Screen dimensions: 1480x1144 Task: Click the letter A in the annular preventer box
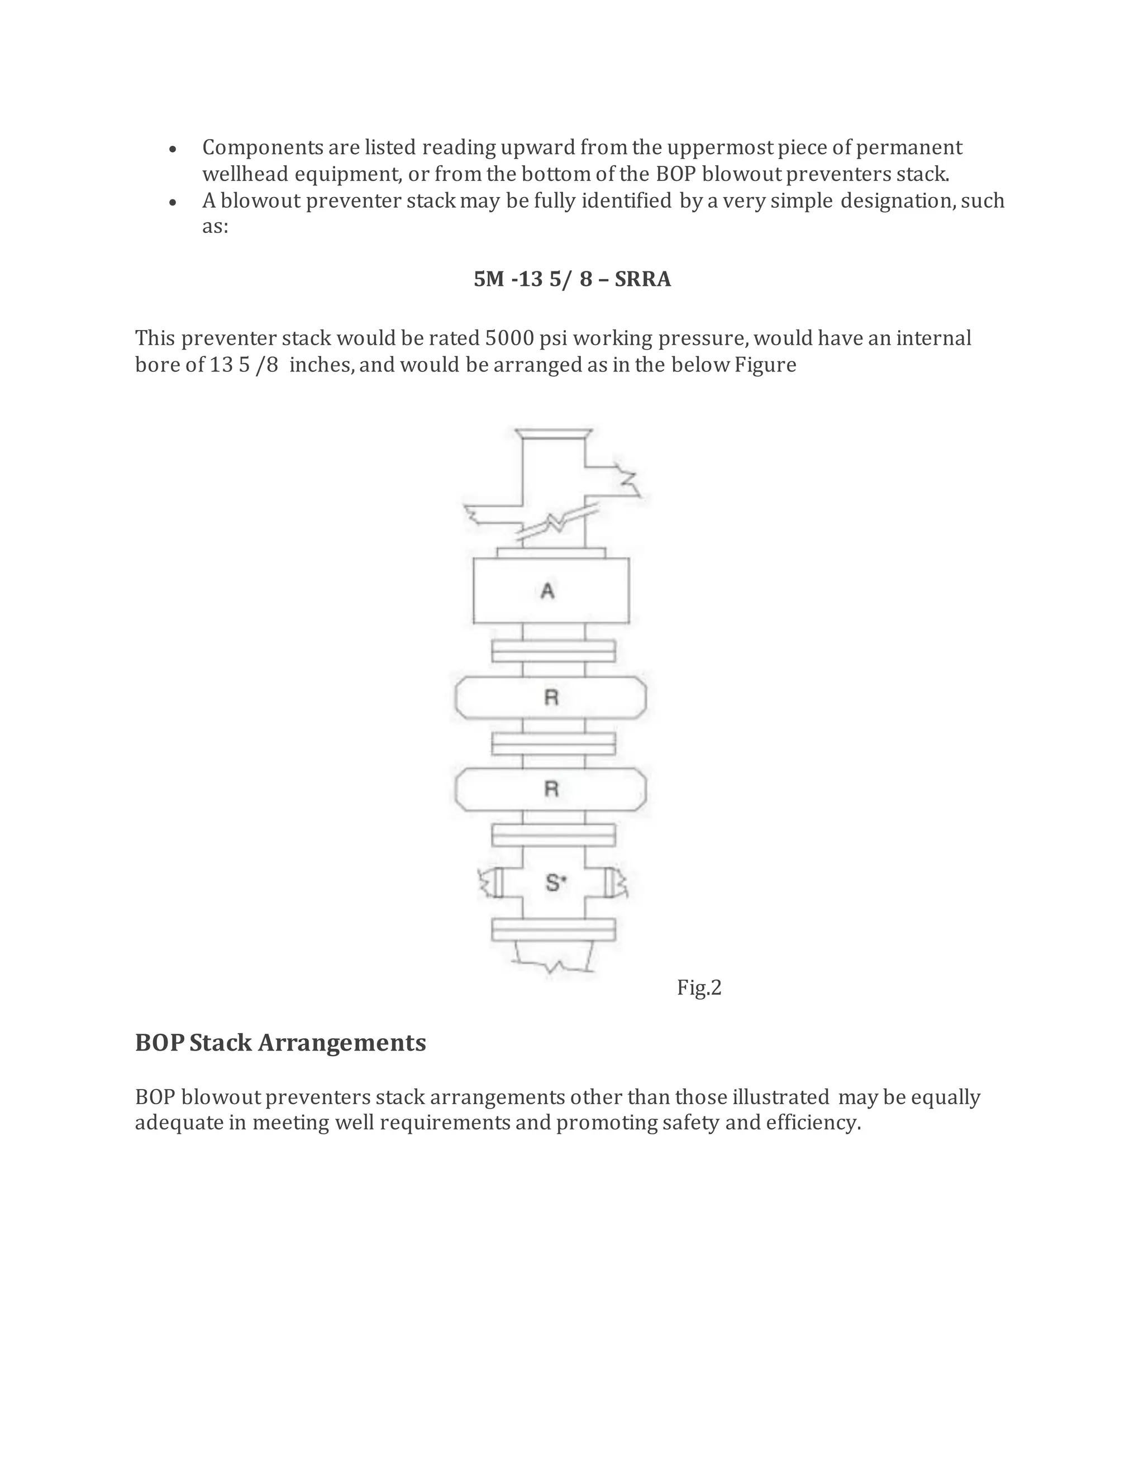(547, 591)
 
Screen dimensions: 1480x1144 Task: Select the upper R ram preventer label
(551, 698)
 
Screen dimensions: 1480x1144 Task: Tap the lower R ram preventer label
(551, 789)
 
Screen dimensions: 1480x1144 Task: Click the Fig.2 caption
(699, 988)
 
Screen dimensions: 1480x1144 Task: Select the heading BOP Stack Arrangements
(280, 1043)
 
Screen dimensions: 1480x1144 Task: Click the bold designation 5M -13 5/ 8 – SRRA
(572, 279)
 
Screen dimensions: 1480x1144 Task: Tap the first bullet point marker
(174, 149)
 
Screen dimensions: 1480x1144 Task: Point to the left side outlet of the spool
(492, 882)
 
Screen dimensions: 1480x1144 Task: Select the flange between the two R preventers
(553, 743)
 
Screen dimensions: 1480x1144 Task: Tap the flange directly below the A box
(553, 651)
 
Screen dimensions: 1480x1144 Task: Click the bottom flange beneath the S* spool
(553, 930)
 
